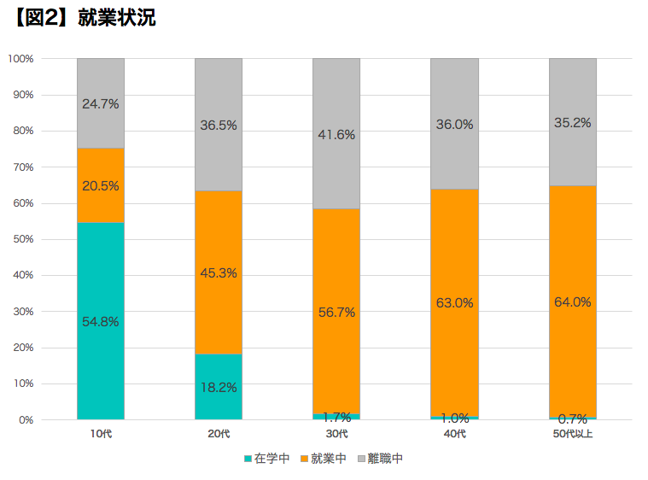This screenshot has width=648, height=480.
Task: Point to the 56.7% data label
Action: coord(336,312)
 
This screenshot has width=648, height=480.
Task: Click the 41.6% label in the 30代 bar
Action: coord(336,134)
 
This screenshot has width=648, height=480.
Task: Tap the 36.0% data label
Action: coord(454,124)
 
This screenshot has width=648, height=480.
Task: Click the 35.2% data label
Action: coord(572,122)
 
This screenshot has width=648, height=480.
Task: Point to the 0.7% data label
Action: coord(572,419)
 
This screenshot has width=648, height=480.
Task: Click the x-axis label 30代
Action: coord(336,435)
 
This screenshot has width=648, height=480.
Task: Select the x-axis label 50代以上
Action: coord(572,435)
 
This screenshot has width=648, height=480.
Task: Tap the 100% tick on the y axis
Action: coord(20,59)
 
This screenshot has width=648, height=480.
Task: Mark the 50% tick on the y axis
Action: coord(21,239)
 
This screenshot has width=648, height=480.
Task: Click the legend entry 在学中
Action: coord(267,459)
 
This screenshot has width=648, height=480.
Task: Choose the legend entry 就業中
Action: coord(324,459)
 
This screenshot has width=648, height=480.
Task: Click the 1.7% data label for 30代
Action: coord(336,418)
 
